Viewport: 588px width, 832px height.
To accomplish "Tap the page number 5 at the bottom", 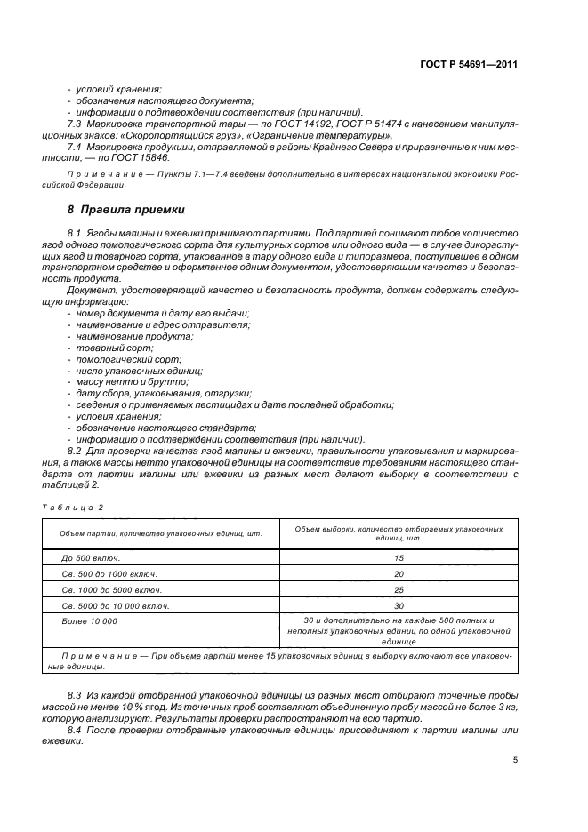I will (x=516, y=760).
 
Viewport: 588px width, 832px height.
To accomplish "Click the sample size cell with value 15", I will (x=398, y=557).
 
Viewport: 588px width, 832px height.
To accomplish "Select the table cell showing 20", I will (x=398, y=573).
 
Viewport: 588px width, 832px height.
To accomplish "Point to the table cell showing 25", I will (x=398, y=589).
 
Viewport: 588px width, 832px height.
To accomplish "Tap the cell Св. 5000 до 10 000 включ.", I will (x=116, y=605).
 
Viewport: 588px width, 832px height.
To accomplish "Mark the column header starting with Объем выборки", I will (x=398, y=532).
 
